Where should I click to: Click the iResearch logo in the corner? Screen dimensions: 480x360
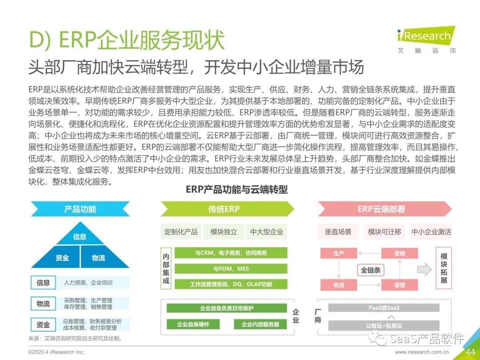pos(426,40)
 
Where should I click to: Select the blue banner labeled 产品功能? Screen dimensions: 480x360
pos(80,209)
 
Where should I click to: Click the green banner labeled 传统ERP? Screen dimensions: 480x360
pos(224,209)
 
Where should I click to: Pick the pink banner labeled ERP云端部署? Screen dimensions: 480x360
pos(381,209)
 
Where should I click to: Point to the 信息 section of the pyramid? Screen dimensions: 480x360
pos(80,236)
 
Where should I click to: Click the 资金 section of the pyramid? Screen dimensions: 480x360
pos(62,258)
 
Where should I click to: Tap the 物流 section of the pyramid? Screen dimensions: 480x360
pos(98,258)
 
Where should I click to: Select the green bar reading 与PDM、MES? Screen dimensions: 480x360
pos(231,269)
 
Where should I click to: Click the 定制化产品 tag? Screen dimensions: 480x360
pos(180,232)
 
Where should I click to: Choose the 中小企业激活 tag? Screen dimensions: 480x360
pos(431,232)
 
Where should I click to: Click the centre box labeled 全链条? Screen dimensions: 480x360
pos(371,270)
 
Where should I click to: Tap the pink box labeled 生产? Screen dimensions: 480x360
pos(339,253)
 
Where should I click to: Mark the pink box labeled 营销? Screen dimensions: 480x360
pos(400,253)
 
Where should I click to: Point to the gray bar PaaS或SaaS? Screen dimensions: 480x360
pos(380,308)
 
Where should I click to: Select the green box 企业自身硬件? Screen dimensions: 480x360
pos(193,324)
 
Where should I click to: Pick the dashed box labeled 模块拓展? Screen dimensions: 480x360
pos(444,268)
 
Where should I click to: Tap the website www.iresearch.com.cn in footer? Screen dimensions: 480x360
pos(422,352)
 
